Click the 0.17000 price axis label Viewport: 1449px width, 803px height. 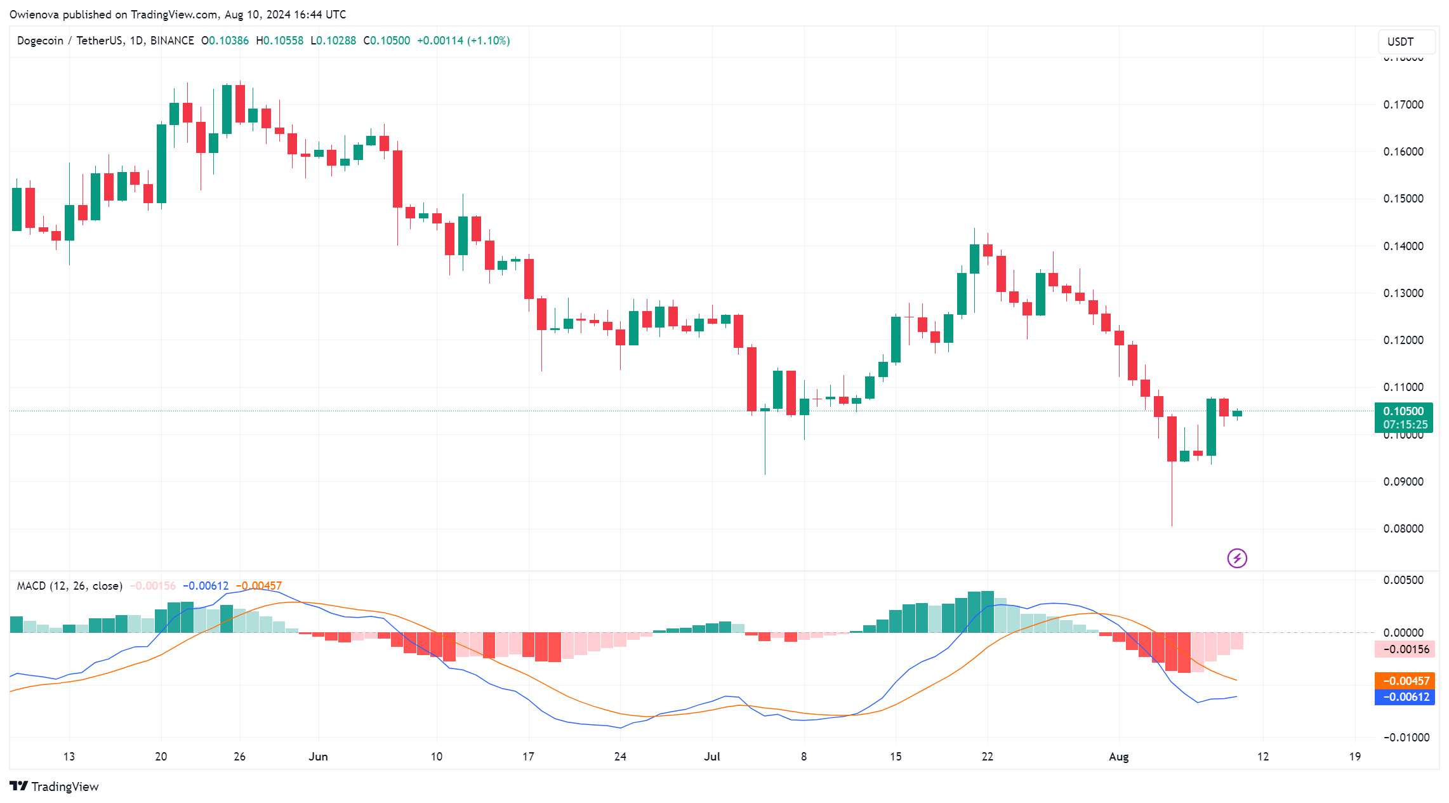click(x=1403, y=105)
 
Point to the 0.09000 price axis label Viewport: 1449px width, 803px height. click(x=1403, y=482)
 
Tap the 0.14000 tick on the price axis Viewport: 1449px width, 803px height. click(x=1403, y=246)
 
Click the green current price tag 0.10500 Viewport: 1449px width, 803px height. click(x=1403, y=411)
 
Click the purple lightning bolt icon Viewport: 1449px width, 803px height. click(x=1236, y=558)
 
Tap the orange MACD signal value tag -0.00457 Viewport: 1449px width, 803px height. click(x=1404, y=681)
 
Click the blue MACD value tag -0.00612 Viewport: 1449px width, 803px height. click(x=1404, y=697)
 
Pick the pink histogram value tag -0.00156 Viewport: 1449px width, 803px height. click(x=1404, y=649)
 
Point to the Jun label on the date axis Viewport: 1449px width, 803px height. click(x=318, y=757)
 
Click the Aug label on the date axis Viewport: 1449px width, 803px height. click(x=1118, y=757)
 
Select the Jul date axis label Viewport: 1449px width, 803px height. click(x=712, y=757)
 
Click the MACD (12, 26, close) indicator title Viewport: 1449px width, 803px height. click(x=69, y=586)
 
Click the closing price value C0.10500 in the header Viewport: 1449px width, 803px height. click(x=387, y=41)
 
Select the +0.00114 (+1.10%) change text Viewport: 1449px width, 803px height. click(x=463, y=41)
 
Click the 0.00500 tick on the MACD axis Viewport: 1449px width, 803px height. click(x=1403, y=580)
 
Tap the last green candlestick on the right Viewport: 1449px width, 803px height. click(x=1237, y=413)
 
